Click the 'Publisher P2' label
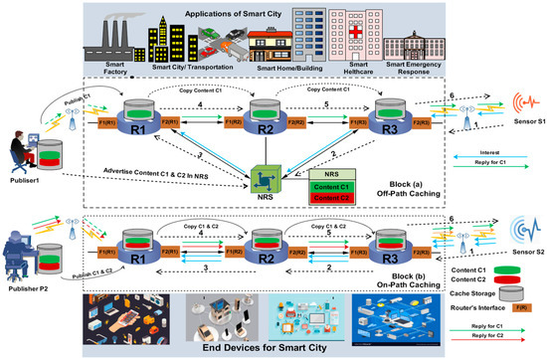[30, 280]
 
